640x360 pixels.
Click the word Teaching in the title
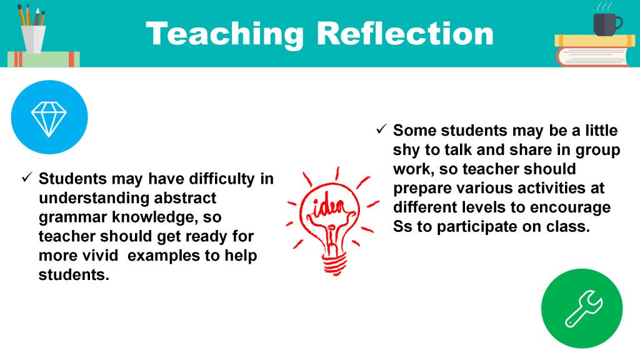(x=224, y=35)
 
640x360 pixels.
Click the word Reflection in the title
(x=405, y=34)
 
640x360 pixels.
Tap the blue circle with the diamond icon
(x=49, y=117)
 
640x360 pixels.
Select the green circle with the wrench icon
(x=582, y=309)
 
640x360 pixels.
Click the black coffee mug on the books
(x=606, y=23)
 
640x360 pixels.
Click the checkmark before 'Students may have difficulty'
(x=27, y=177)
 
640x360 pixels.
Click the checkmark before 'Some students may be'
(x=381, y=129)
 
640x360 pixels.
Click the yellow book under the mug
(x=595, y=41)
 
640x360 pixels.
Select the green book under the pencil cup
(x=44, y=59)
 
